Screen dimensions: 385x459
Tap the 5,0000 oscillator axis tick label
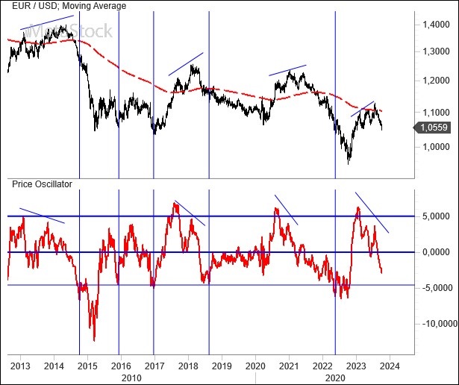pyautogui.click(x=434, y=216)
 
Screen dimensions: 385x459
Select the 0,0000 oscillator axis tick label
pyautogui.click(x=434, y=252)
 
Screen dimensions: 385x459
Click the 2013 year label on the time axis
pyautogui.click(x=21, y=366)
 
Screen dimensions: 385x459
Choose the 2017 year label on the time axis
pyautogui.click(x=154, y=366)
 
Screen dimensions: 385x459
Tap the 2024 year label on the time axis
pyautogui.click(x=390, y=366)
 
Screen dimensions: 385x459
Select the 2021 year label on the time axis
pyautogui.click(x=289, y=366)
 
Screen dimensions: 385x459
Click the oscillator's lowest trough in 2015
pyautogui.click(x=94, y=340)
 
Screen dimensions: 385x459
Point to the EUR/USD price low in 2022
pyautogui.click(x=349, y=163)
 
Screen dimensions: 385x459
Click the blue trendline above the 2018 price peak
pyautogui.click(x=186, y=63)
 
